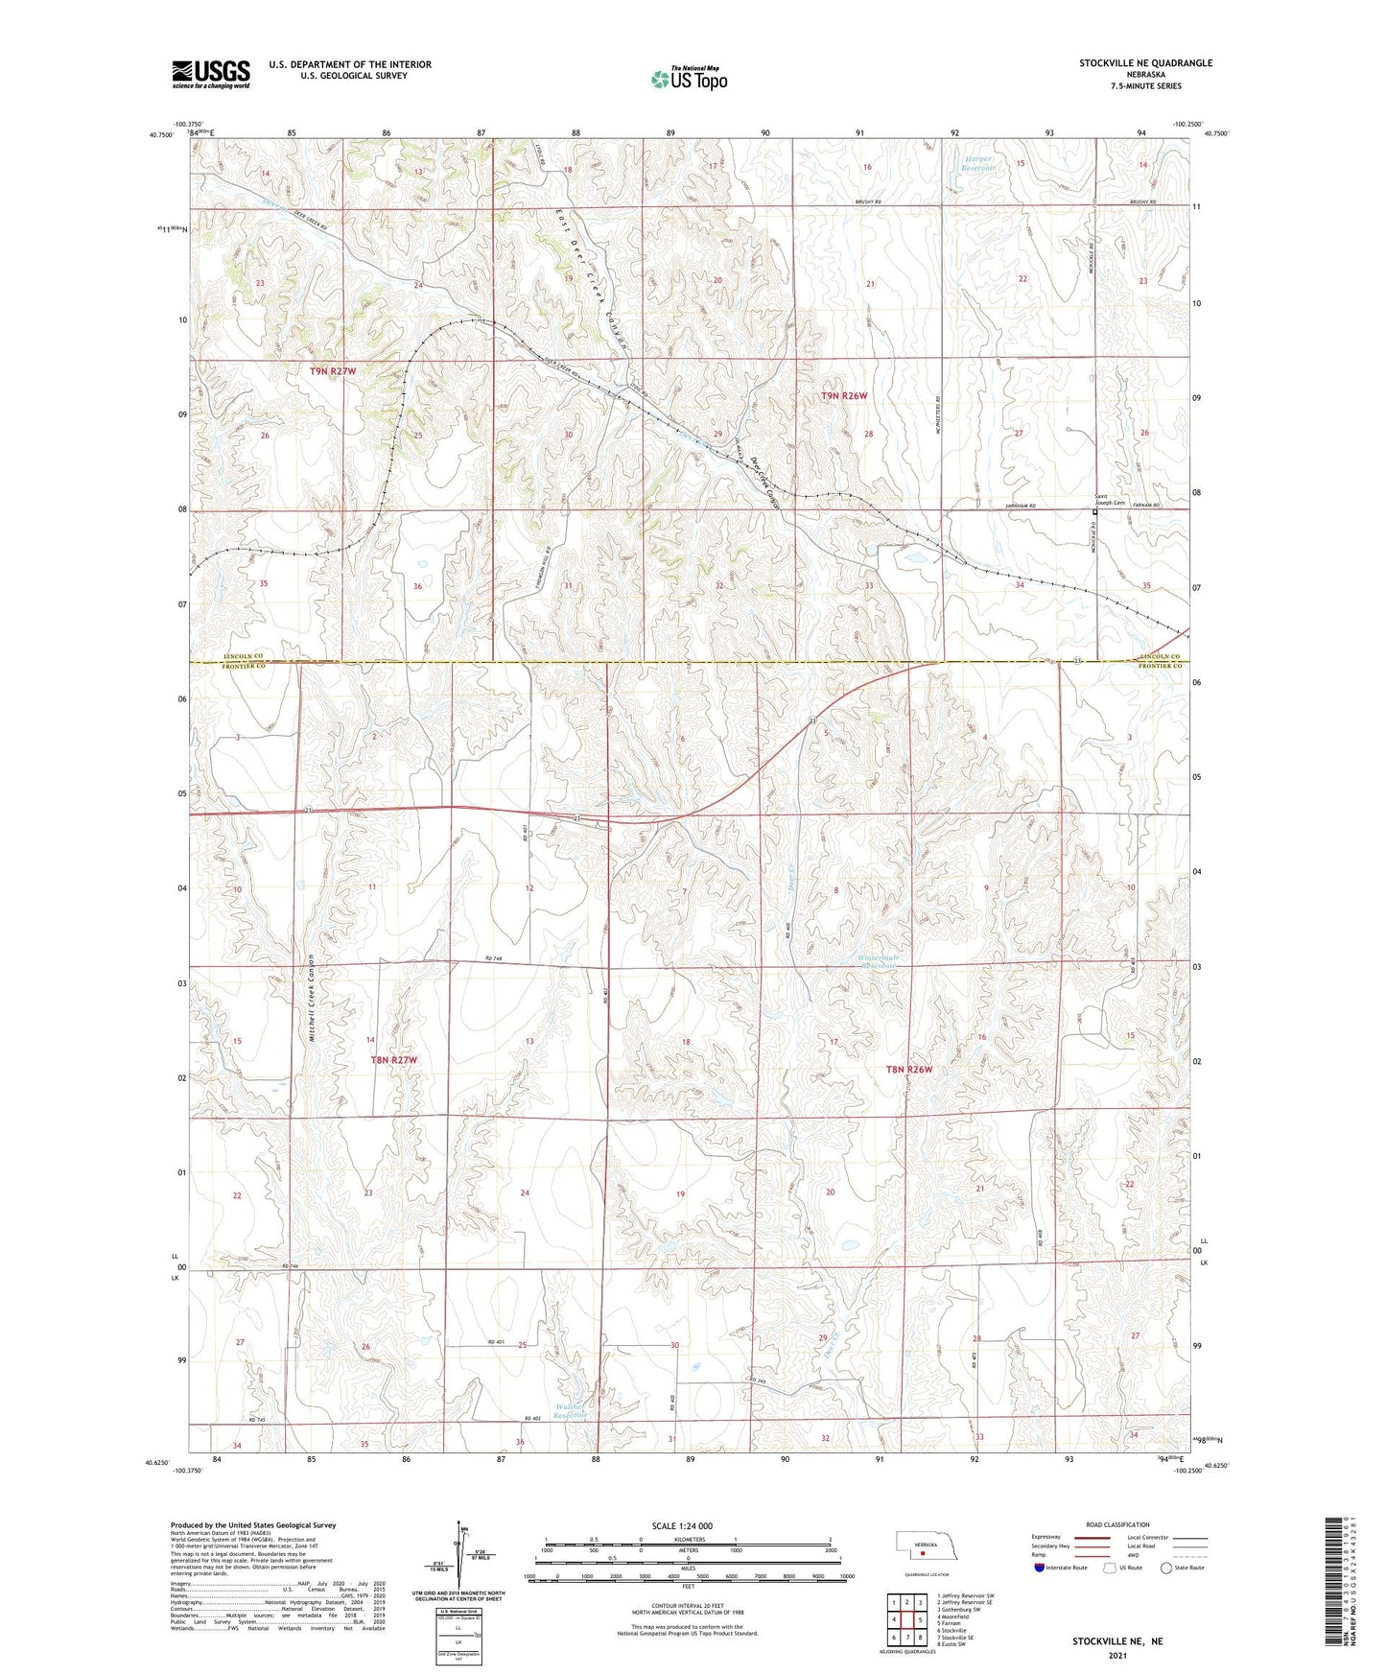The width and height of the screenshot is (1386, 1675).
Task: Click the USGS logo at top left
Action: [211, 73]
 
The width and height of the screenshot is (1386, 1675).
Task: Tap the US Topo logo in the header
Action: [689, 79]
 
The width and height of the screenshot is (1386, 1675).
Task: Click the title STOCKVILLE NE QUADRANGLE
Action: [1145, 63]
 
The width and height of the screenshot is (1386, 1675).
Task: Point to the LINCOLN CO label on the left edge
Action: [244, 656]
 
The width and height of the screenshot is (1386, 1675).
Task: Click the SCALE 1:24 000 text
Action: [681, 1526]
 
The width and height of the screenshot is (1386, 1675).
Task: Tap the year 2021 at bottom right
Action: [1117, 1656]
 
